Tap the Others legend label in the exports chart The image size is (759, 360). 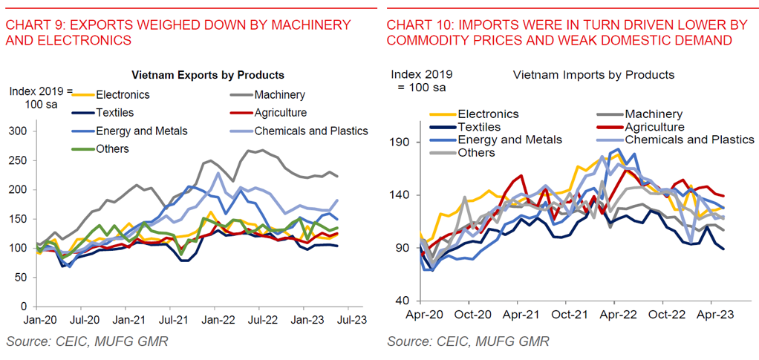point(112,149)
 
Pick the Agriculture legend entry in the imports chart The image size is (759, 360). point(654,127)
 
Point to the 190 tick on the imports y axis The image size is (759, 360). point(400,142)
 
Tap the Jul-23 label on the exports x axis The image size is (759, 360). point(348,321)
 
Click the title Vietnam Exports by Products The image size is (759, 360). point(208,76)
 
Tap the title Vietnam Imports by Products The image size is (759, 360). point(593,75)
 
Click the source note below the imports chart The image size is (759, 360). point(468,341)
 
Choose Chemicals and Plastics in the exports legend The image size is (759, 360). point(311,131)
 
